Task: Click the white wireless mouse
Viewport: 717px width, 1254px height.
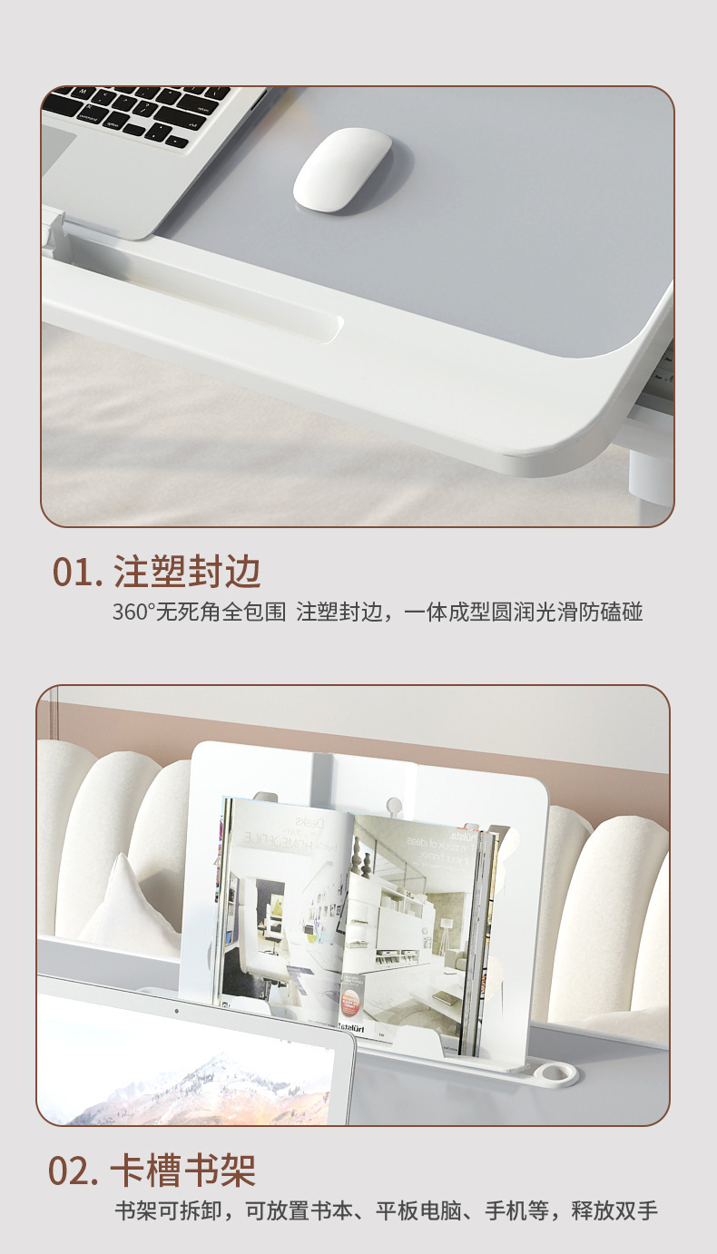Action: pyautogui.click(x=342, y=169)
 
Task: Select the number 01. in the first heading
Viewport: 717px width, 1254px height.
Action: pyautogui.click(x=77, y=573)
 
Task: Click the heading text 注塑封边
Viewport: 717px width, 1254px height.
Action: pyautogui.click(x=188, y=573)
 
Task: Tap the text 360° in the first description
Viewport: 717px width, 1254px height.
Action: pyautogui.click(x=133, y=612)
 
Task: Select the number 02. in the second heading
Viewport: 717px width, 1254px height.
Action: pyautogui.click(x=74, y=1171)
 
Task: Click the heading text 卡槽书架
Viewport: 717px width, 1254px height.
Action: pyautogui.click(x=182, y=1171)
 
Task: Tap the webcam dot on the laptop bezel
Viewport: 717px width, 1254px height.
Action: pyautogui.click(x=176, y=1010)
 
